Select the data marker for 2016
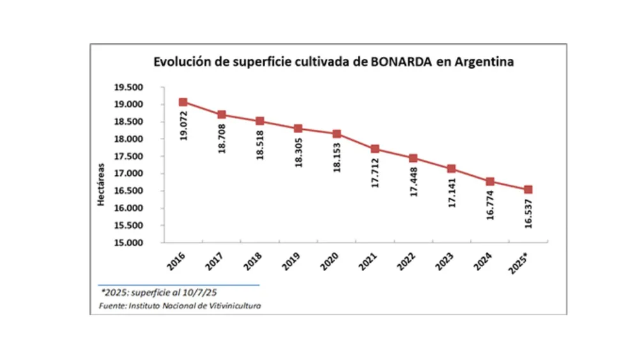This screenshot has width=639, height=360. tap(183, 102)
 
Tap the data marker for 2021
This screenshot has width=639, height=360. tap(375, 149)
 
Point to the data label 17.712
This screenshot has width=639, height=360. tap(376, 172)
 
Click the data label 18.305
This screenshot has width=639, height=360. tap(298, 152)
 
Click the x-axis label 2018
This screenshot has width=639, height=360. tap(254, 261)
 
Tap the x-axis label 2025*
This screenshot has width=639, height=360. tap(521, 262)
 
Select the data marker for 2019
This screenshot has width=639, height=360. tap(298, 129)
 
